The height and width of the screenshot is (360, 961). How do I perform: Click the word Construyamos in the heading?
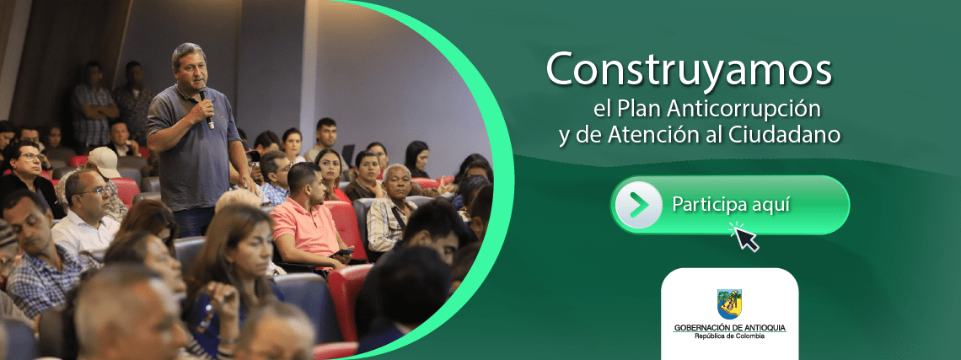pos(689,70)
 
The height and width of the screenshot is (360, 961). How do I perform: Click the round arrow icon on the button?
pos(638,205)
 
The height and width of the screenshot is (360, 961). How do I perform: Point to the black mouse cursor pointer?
pos(745,238)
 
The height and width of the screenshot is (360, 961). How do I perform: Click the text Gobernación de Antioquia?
pos(729,327)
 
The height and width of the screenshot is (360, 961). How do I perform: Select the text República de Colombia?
pos(729,336)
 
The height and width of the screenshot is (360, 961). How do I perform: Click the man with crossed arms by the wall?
pos(93,105)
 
